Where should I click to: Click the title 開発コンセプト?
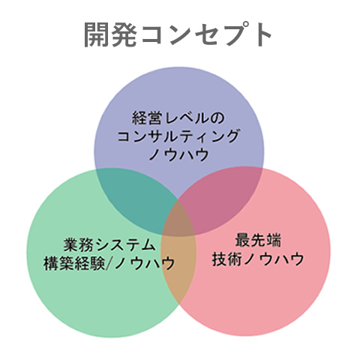point(178,34)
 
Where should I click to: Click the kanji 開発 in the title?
point(110,34)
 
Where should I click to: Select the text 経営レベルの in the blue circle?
point(178,118)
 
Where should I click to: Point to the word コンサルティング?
point(178,136)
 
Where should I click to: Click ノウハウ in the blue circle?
point(178,154)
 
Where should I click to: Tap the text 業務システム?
point(109,245)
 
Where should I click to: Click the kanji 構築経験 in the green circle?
point(74,263)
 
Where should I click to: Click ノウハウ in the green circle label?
point(144,263)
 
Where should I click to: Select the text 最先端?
point(258,240)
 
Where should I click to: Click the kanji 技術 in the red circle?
point(227,259)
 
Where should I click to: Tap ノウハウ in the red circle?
point(274,259)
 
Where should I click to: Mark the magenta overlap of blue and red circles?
point(220,197)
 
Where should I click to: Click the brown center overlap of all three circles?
point(178,220)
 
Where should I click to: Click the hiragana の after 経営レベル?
point(218,118)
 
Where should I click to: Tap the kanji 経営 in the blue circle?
point(147,118)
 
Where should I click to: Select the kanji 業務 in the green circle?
point(78,245)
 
